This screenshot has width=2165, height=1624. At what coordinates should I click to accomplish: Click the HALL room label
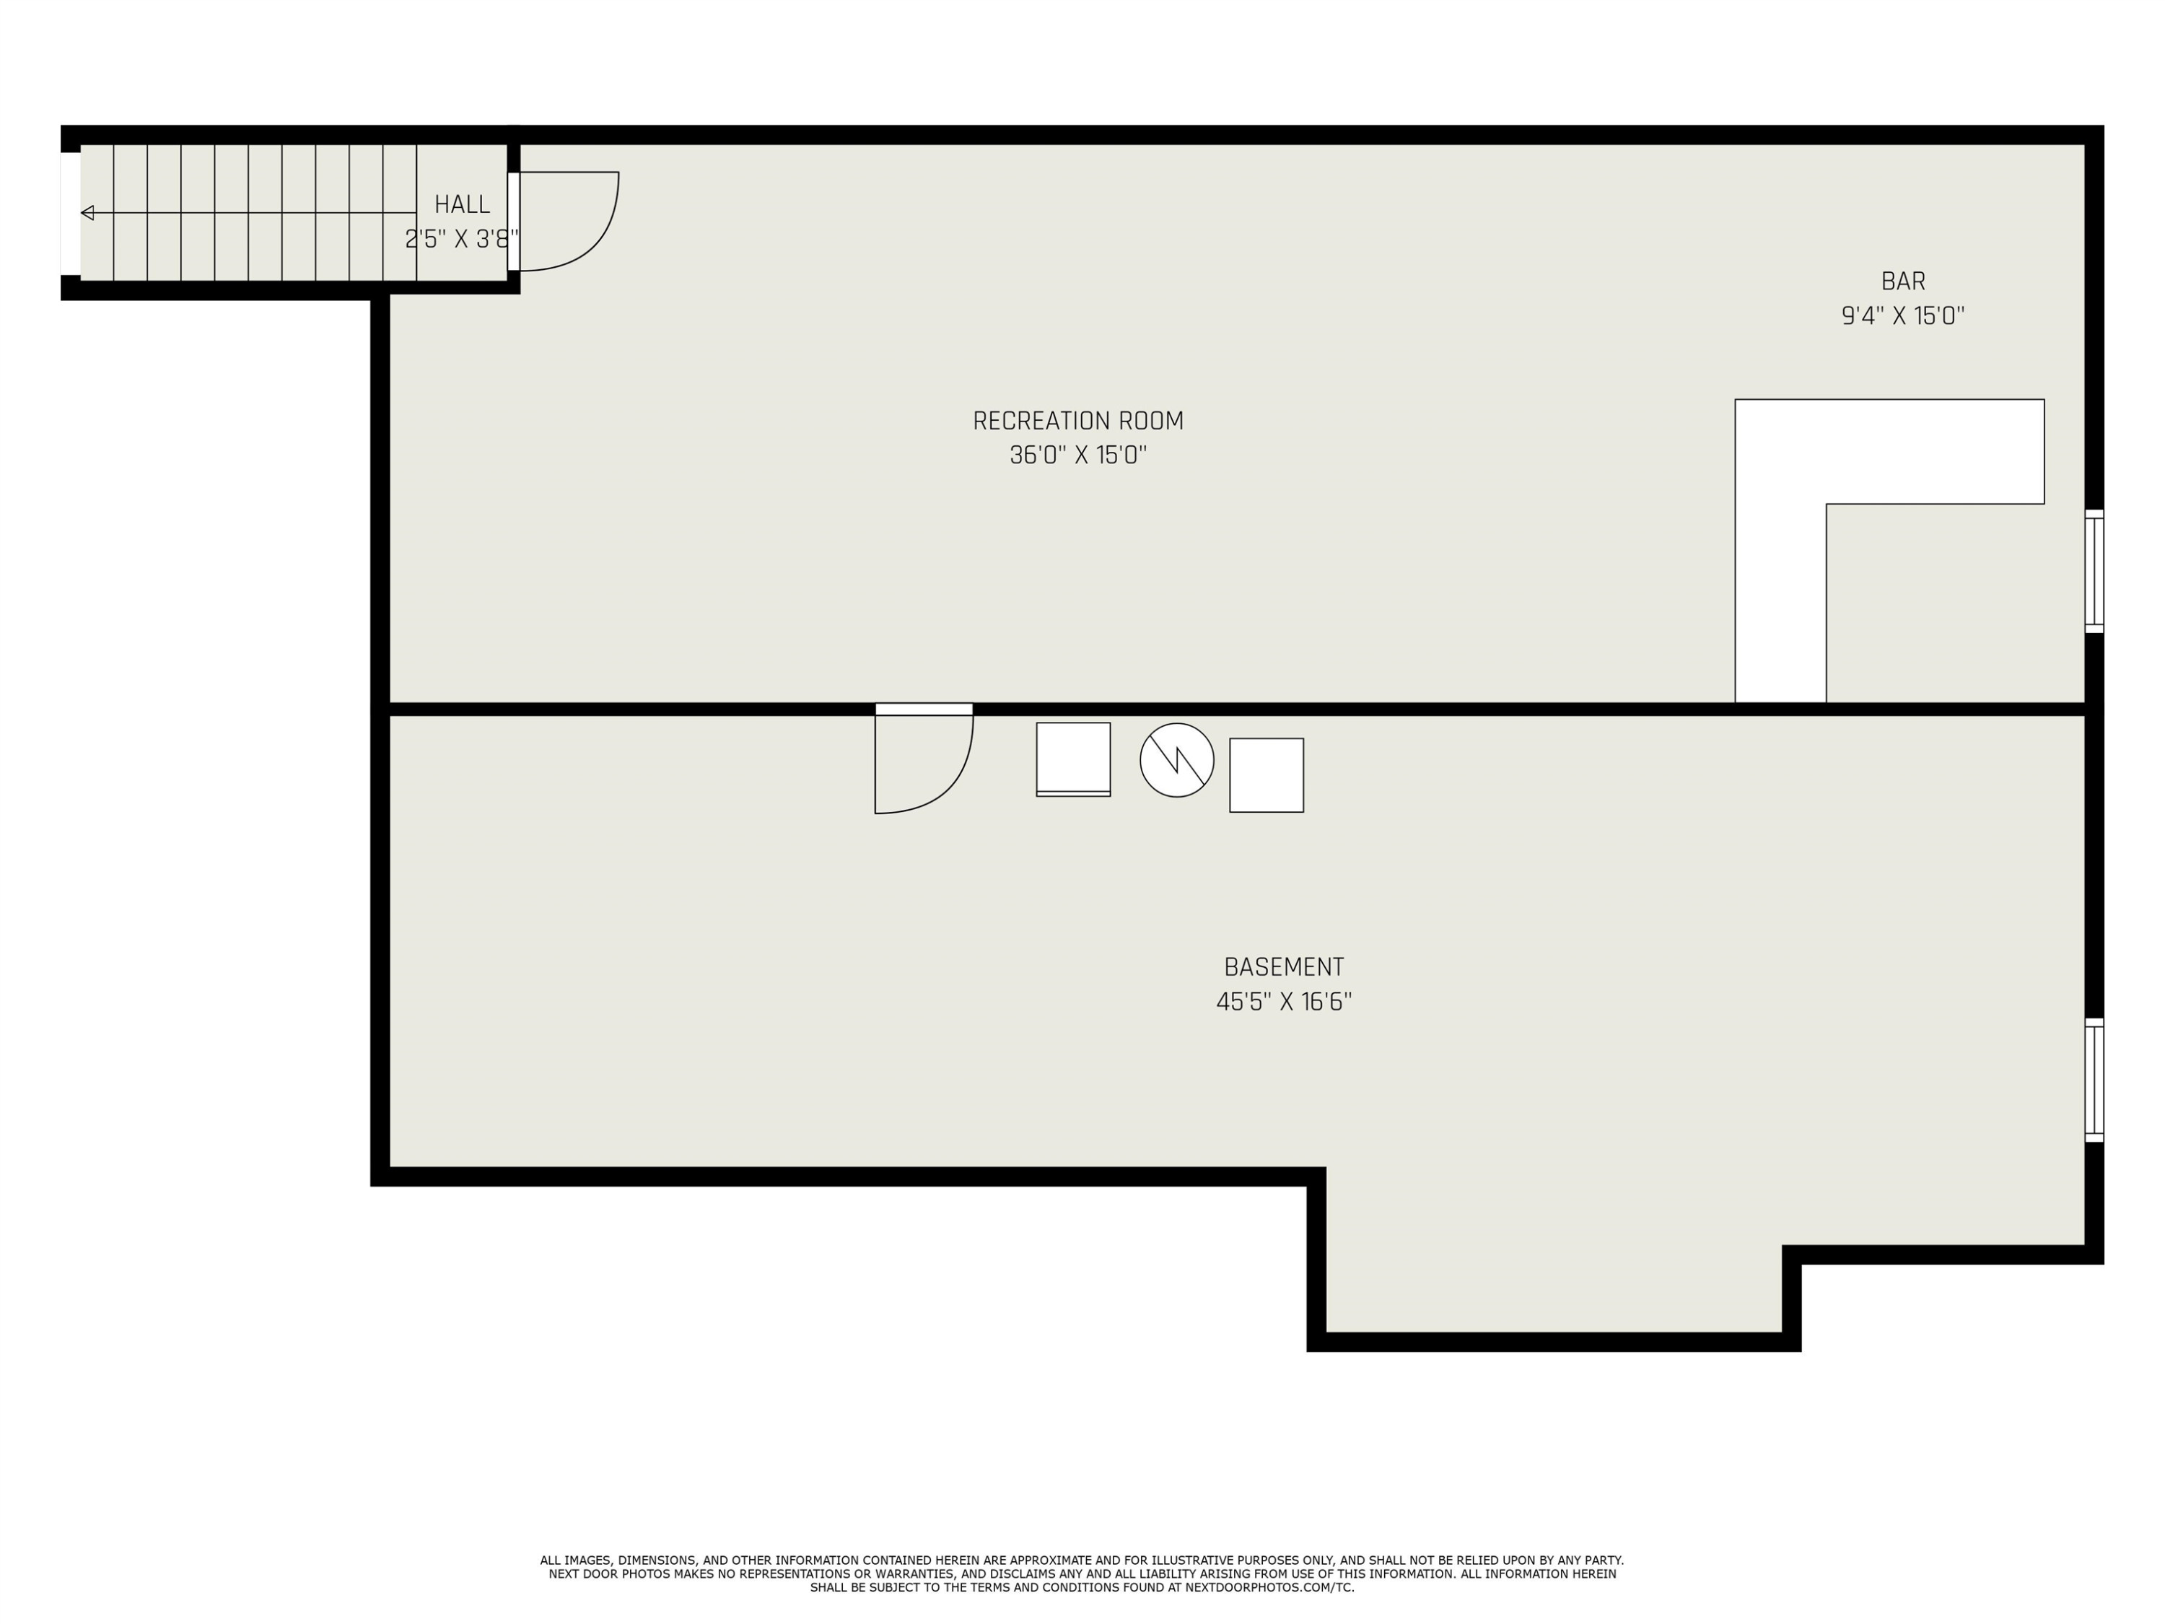pyautogui.click(x=462, y=204)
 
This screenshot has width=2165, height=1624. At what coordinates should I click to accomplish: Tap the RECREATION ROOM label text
pyautogui.click(x=1077, y=421)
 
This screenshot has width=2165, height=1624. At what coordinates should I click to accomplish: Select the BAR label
pyautogui.click(x=1903, y=281)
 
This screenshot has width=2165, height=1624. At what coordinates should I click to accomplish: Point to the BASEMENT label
pyautogui.click(x=1283, y=967)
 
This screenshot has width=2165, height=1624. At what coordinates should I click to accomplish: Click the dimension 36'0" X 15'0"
pyautogui.click(x=1077, y=455)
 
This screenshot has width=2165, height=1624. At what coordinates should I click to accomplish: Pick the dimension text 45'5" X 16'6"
pyautogui.click(x=1283, y=1001)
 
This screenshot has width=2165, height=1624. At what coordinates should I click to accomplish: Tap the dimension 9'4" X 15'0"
pyautogui.click(x=1903, y=315)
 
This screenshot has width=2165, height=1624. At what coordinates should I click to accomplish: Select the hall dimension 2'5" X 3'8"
pyautogui.click(x=462, y=239)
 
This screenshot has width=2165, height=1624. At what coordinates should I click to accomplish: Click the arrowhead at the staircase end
pyautogui.click(x=87, y=212)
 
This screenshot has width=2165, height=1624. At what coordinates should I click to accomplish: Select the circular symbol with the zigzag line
pyautogui.click(x=1176, y=759)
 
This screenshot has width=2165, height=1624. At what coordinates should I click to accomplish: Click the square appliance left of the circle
pyautogui.click(x=1072, y=759)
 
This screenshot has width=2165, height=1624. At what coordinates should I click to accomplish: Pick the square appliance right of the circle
pyautogui.click(x=1267, y=775)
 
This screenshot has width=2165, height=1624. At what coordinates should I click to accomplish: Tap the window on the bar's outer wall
pyautogui.click(x=2094, y=571)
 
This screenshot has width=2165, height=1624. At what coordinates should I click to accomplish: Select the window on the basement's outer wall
pyautogui.click(x=2094, y=1080)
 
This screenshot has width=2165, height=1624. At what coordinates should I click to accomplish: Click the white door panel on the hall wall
pyautogui.click(x=513, y=222)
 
